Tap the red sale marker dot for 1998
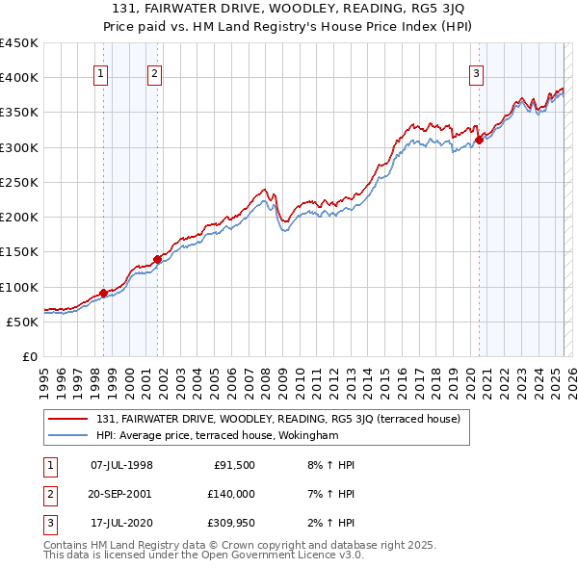click(x=103, y=293)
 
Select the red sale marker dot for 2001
click(x=157, y=258)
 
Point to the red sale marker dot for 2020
click(x=479, y=140)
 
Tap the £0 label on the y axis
click(x=29, y=356)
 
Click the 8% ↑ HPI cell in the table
click(x=328, y=465)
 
